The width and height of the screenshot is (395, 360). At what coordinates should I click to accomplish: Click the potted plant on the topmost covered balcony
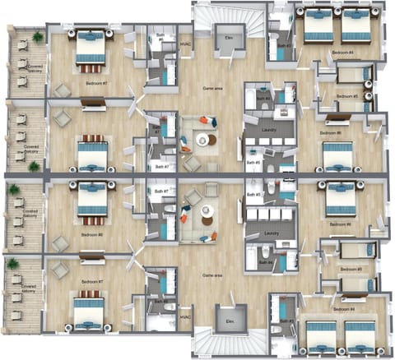tap(38, 37)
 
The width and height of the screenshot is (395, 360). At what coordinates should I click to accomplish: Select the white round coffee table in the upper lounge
tap(203, 141)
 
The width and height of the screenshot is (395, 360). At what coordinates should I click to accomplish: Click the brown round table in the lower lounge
tap(206, 212)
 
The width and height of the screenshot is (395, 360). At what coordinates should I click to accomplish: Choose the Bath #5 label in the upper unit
tap(257, 163)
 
